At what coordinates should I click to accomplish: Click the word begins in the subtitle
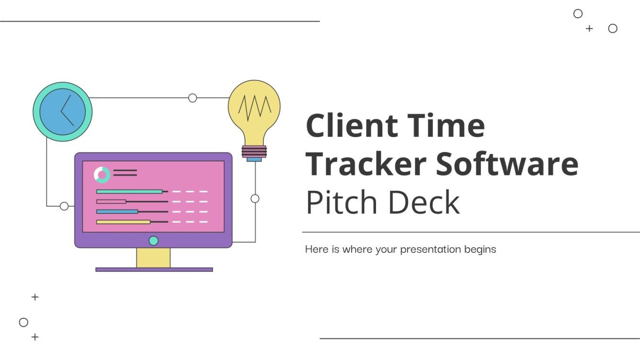pos(480,250)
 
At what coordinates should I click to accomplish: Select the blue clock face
pos(62,112)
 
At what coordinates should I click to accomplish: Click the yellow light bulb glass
pos(254,110)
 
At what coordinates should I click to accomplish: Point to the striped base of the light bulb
pos(254,152)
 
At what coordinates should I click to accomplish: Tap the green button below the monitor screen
pos(154,240)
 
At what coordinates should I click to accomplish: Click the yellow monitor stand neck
pos(154,258)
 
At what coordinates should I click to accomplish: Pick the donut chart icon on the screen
pos(102,175)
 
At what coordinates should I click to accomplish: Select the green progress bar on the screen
pos(129,191)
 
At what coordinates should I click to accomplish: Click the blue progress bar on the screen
pos(117,211)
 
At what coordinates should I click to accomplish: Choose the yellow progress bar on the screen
pos(123,222)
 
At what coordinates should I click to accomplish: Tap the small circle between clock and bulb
pos(193,98)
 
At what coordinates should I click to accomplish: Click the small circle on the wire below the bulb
pos(255,198)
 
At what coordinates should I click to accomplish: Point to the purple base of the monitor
pos(154,270)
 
